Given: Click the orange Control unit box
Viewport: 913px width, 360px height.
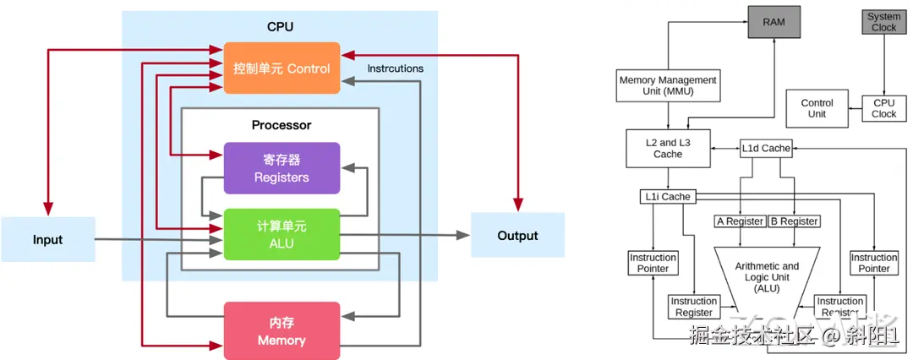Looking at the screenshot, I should pyautogui.click(x=282, y=68).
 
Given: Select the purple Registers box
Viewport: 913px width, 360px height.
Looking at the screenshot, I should pyautogui.click(x=282, y=167).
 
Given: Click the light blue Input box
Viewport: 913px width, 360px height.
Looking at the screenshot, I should pyautogui.click(x=47, y=239).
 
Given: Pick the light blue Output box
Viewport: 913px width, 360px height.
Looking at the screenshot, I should pyautogui.click(x=517, y=236).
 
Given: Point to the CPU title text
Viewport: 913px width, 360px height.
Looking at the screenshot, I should pyautogui.click(x=280, y=27).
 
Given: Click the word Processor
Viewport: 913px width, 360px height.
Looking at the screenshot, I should pyautogui.click(x=282, y=125).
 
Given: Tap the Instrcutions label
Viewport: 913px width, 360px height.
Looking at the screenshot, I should pyautogui.click(x=396, y=68).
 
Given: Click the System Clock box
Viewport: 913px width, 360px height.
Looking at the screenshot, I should pyautogui.click(x=883, y=21).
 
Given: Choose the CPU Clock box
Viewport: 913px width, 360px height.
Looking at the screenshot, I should pyautogui.click(x=883, y=108).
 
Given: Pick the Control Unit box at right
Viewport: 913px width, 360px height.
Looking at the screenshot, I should pyautogui.click(x=817, y=108).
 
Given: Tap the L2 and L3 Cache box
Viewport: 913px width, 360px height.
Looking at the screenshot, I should pyautogui.click(x=668, y=149).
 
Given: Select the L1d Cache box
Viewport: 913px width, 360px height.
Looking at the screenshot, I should pyautogui.click(x=765, y=148).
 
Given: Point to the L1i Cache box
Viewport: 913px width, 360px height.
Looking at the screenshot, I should pyautogui.click(x=666, y=197).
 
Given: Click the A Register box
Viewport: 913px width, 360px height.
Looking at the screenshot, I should pyautogui.click(x=739, y=221).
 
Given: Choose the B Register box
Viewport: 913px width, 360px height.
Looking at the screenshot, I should pyautogui.click(x=795, y=221).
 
